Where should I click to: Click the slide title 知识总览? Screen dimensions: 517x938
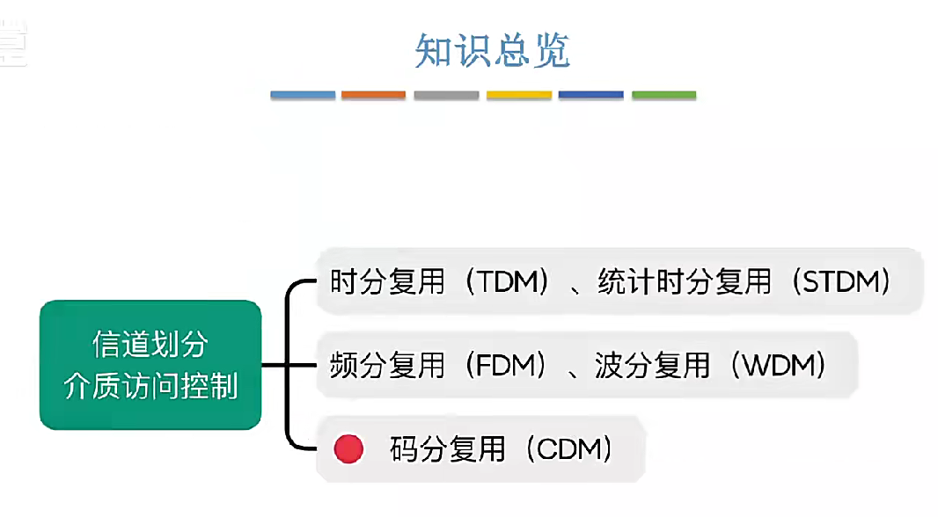point(493,51)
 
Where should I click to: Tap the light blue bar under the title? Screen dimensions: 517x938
point(303,94)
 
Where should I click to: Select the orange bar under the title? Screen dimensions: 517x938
point(373,94)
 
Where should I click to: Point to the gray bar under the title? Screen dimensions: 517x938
point(446,94)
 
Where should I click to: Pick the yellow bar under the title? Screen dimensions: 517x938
point(519,94)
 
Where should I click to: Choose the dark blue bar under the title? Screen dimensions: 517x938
point(590,94)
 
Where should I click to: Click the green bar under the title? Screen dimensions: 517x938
point(663,94)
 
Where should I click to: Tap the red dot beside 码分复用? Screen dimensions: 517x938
point(348,449)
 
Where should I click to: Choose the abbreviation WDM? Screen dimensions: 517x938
point(776,365)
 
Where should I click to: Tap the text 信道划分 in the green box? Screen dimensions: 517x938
point(150,345)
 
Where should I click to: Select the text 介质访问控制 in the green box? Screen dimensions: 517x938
point(150,386)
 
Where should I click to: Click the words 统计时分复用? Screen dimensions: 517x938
point(684,282)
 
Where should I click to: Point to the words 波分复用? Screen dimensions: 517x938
point(652,365)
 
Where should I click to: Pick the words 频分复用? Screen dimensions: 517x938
point(387,365)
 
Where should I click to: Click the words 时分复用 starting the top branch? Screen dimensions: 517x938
point(387,282)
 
